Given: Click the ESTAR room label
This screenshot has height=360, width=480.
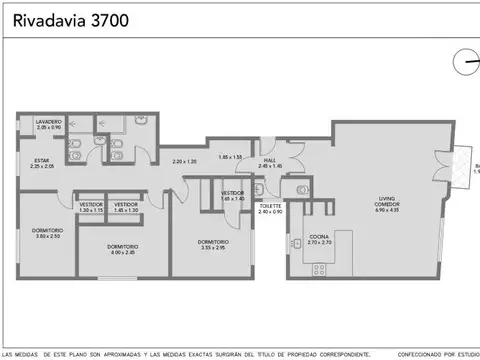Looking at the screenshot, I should [x=42, y=163].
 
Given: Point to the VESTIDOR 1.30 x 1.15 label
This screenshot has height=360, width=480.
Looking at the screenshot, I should [x=91, y=207].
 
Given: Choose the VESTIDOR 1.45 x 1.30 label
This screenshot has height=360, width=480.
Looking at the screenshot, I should [x=127, y=207].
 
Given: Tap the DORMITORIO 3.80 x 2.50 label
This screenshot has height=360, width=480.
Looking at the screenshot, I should [x=48, y=234].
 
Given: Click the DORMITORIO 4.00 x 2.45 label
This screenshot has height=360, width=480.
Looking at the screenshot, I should [x=124, y=248].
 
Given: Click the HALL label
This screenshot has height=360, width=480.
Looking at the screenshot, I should [x=270, y=162].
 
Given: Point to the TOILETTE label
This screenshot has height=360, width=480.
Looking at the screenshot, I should [x=270, y=208].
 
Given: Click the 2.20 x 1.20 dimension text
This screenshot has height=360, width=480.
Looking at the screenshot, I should [x=184, y=162].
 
